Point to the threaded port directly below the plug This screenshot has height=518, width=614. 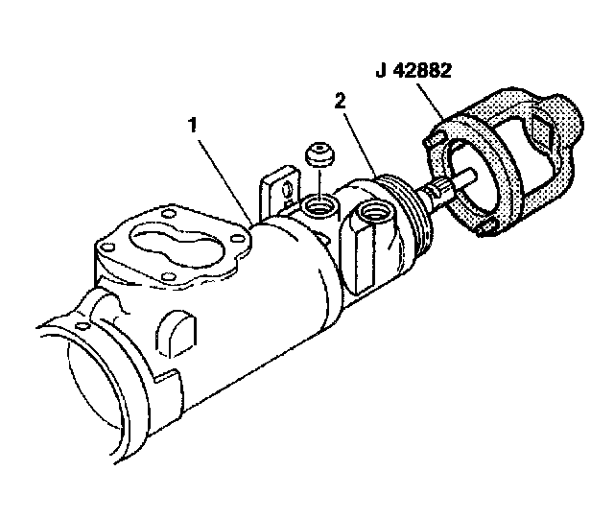[x=318, y=205]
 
